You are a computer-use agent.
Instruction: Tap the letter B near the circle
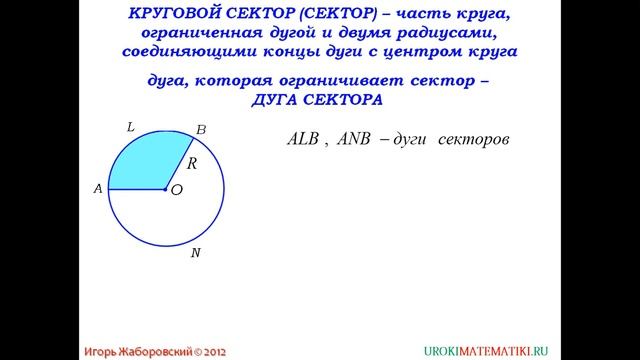[x=200, y=129]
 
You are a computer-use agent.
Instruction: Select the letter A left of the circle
[x=98, y=188]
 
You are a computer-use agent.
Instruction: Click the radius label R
[x=192, y=161]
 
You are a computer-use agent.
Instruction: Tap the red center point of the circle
[x=166, y=188]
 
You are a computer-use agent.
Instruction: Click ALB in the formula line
[x=302, y=140]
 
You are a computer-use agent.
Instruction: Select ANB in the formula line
[x=354, y=140]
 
